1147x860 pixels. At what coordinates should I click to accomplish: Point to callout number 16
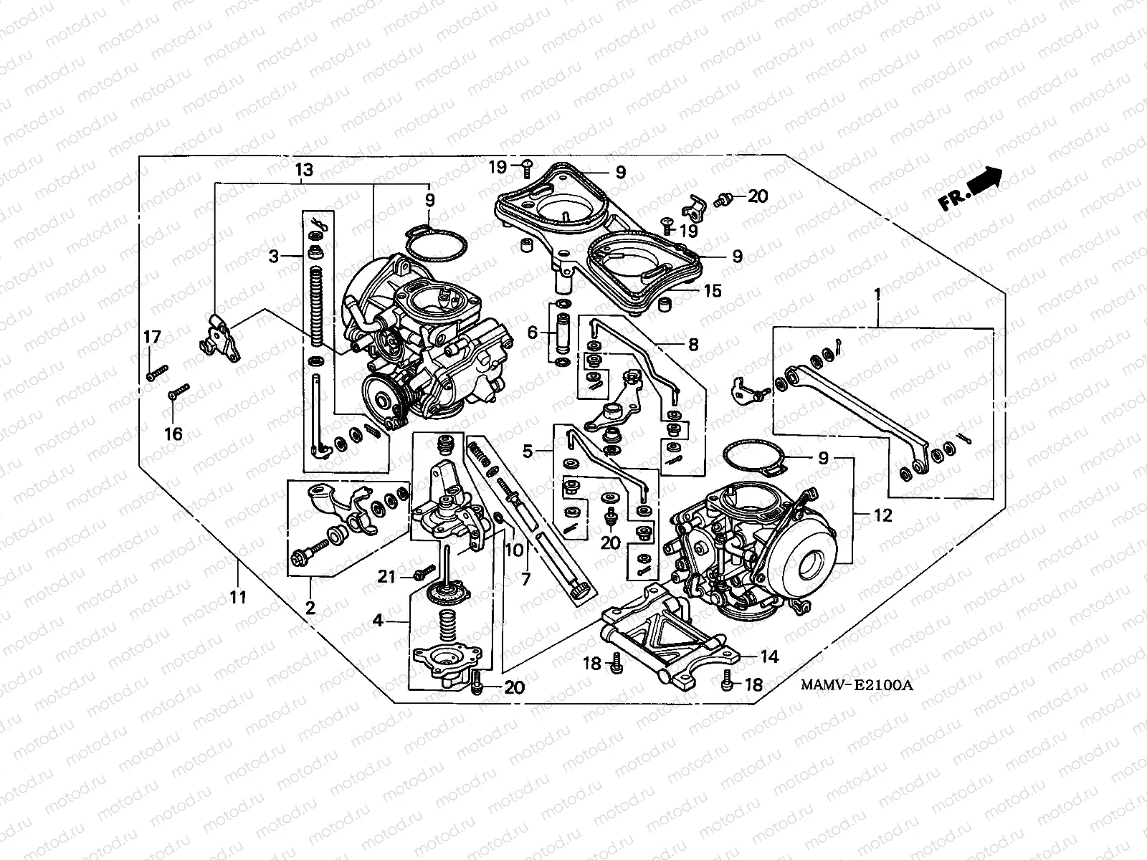tap(173, 434)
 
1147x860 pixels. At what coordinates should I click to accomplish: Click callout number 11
tap(238, 596)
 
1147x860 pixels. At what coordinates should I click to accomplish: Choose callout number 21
tap(387, 575)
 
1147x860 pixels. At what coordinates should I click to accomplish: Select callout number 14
tap(768, 656)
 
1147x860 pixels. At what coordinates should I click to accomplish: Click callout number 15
tap(712, 291)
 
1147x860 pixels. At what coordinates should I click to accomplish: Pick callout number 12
tap(882, 515)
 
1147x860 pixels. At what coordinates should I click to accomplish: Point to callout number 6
tap(533, 333)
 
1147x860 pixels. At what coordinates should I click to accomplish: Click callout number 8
tap(693, 345)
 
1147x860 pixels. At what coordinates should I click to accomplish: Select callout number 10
tap(514, 550)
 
